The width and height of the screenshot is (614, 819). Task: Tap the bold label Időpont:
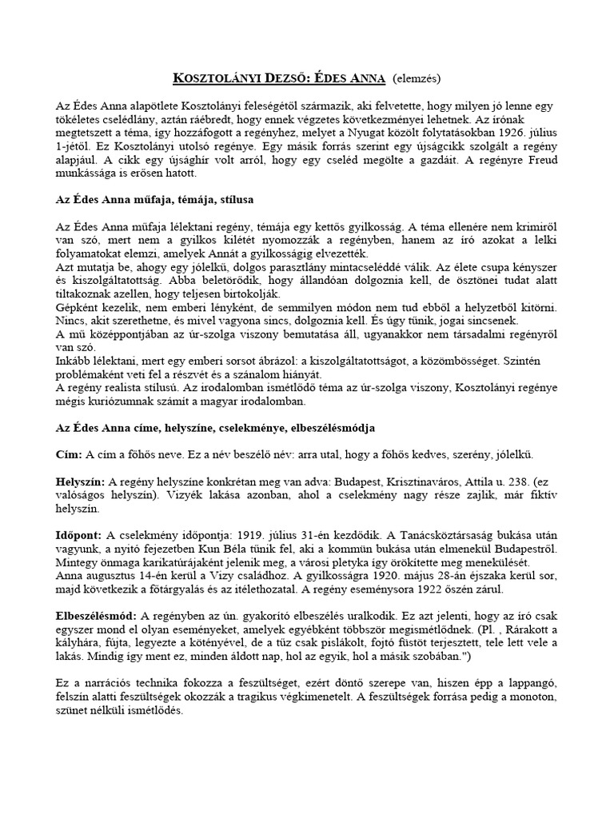(78, 535)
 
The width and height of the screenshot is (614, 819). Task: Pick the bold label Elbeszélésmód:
(97, 616)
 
